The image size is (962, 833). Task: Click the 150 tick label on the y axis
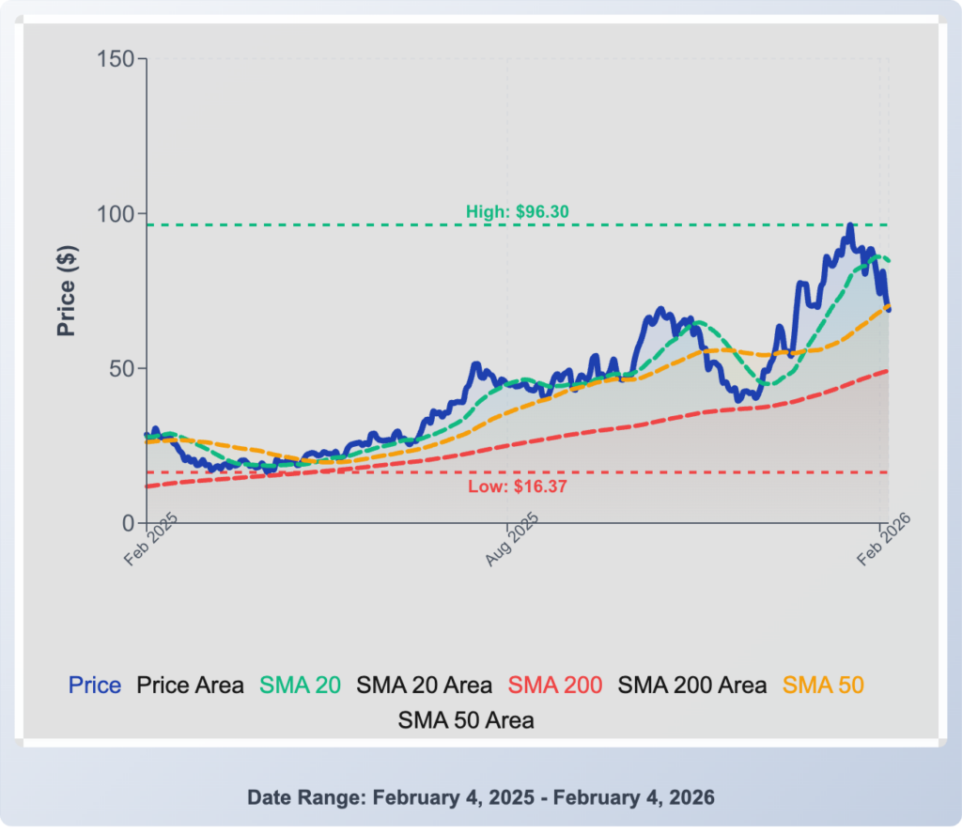[x=117, y=59]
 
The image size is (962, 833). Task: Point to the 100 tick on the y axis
[x=117, y=213]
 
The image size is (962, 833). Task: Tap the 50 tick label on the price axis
[x=124, y=368]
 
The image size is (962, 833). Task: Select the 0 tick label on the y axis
[x=130, y=523]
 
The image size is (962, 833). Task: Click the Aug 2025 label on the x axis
[x=512, y=541]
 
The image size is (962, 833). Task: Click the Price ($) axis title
[x=66, y=291]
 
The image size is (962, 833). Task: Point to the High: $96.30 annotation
[x=518, y=212]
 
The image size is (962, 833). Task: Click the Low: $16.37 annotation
[x=518, y=486]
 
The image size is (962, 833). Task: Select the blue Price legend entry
[x=95, y=686]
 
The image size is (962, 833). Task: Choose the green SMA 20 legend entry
[x=301, y=686]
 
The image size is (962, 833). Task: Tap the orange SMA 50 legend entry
[x=823, y=686]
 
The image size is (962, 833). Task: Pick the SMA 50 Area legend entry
[x=466, y=720]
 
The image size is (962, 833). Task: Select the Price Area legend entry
[x=191, y=686]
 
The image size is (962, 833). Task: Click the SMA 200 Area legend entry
[x=691, y=686]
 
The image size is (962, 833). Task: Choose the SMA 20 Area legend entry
[x=424, y=686]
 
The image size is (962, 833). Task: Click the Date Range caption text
[x=481, y=797]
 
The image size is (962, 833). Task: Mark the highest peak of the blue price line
[x=849, y=225]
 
